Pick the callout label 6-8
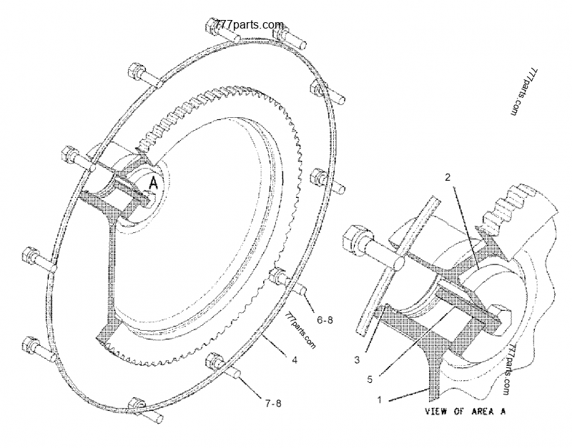(x=325, y=321)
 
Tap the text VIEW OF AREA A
(x=466, y=412)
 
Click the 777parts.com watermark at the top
(x=250, y=24)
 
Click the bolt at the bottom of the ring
(x=139, y=409)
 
